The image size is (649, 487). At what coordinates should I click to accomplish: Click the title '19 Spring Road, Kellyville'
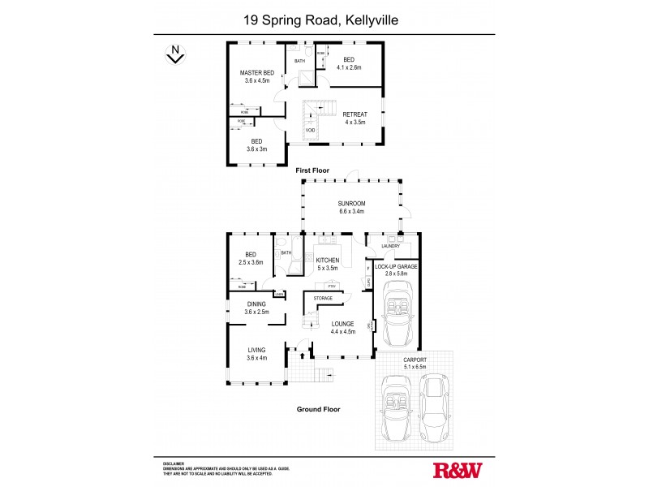click(324, 18)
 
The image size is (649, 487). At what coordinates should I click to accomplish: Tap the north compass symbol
click(173, 54)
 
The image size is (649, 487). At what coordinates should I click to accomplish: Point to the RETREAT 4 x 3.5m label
click(355, 118)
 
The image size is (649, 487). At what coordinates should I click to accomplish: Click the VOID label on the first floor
click(310, 130)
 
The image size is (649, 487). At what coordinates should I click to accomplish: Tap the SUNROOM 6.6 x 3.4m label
click(353, 207)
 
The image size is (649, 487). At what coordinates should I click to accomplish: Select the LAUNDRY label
click(380, 246)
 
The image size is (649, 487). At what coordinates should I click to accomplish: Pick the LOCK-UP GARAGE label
click(396, 269)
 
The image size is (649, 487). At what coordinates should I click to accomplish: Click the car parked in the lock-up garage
click(398, 321)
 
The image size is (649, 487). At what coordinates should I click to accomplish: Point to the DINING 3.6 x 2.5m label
click(256, 308)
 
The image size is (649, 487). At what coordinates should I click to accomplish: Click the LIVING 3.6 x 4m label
click(256, 354)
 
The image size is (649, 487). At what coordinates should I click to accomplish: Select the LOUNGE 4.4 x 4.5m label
click(344, 327)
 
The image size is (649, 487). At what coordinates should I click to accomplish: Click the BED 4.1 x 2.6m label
click(349, 63)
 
